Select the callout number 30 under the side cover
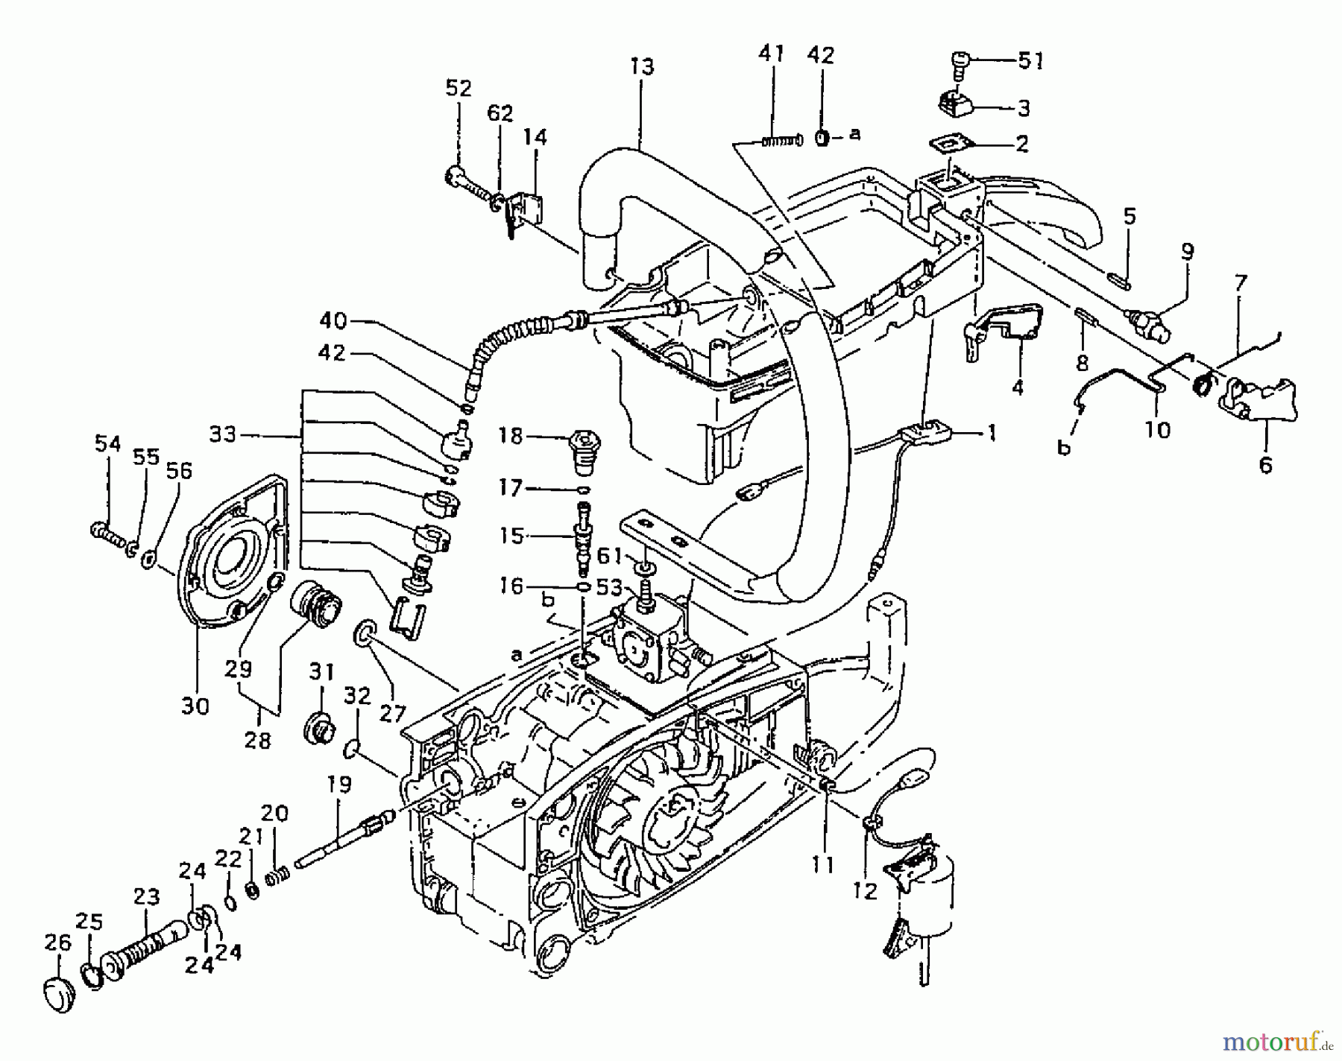195,705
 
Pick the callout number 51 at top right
1031,60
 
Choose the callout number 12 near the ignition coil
865,890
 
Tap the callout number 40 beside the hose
333,321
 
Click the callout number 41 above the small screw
772,55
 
